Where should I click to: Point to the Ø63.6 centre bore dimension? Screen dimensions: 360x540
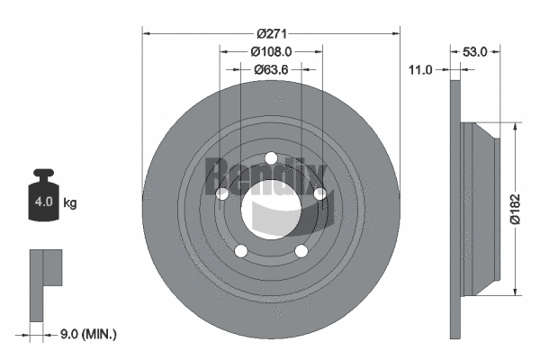pyautogui.click(x=270, y=68)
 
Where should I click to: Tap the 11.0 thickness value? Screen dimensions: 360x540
pyautogui.click(x=421, y=69)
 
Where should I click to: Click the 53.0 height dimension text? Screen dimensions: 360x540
pyautogui.click(x=474, y=52)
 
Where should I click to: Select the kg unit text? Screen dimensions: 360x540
pyautogui.click(x=70, y=203)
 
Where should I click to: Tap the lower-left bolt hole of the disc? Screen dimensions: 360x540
pyautogui.click(x=240, y=251)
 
